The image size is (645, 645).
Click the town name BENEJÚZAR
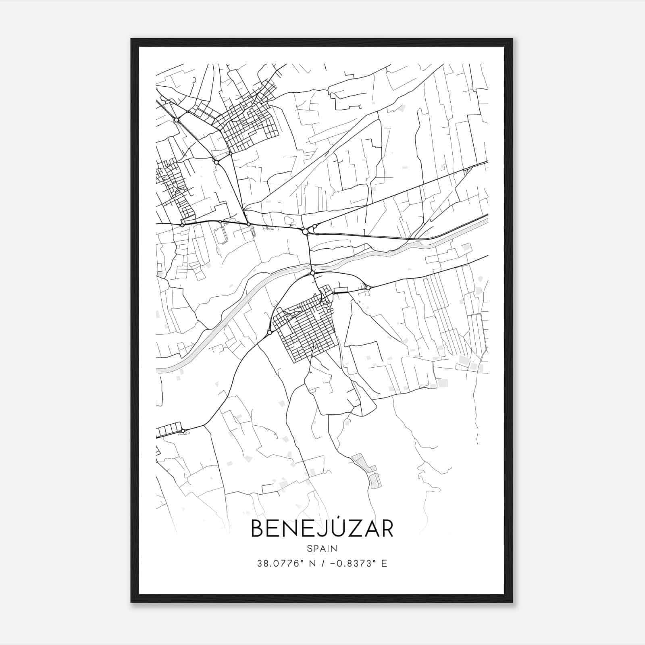tap(322, 528)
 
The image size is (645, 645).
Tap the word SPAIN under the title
tap(322, 548)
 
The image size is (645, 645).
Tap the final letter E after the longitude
tap(384, 564)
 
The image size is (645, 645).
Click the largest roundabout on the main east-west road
tap(305, 232)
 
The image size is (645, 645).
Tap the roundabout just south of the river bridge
tap(312, 273)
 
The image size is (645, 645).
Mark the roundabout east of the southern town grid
tap(368, 287)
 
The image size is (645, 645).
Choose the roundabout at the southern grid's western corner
tap(269, 333)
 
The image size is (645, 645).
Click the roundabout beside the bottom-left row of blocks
tap(183, 431)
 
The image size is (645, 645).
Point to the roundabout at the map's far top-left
tap(176, 120)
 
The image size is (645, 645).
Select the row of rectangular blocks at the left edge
tap(169, 429)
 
